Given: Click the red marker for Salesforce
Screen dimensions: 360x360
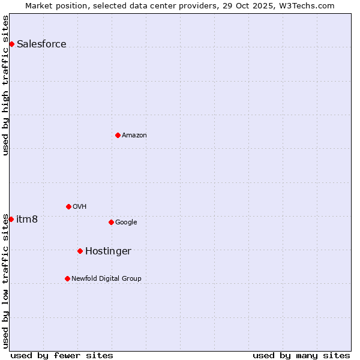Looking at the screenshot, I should pos(11,44).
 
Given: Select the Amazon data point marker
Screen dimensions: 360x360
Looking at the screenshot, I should pos(118,135).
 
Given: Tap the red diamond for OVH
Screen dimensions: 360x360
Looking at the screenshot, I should pos(68,206).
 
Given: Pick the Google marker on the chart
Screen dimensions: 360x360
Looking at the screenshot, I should pos(111,222).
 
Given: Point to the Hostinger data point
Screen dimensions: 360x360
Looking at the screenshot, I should pos(80,251).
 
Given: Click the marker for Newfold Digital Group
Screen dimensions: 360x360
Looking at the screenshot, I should pos(67,278).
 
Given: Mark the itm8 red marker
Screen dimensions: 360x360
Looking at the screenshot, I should pos(11,219).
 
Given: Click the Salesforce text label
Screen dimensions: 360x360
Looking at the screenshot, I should pos(41,44).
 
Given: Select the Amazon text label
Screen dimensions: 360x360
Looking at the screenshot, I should pos(134,135).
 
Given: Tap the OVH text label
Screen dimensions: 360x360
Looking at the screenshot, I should pos(80,206).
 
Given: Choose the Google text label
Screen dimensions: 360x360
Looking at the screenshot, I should pos(126,222).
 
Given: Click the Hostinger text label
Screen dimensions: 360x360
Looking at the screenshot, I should pos(108,251).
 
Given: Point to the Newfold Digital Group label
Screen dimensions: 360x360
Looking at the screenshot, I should pos(106,278).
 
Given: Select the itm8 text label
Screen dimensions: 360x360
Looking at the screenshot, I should pos(27,219).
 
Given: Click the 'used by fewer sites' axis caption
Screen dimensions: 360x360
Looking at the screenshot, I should pos(62,355).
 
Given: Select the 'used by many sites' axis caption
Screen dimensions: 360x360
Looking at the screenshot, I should pos(301,355).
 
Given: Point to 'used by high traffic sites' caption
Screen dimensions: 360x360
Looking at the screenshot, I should pos(5,85).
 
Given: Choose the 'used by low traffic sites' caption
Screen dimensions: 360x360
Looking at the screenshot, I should pos(5,281).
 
